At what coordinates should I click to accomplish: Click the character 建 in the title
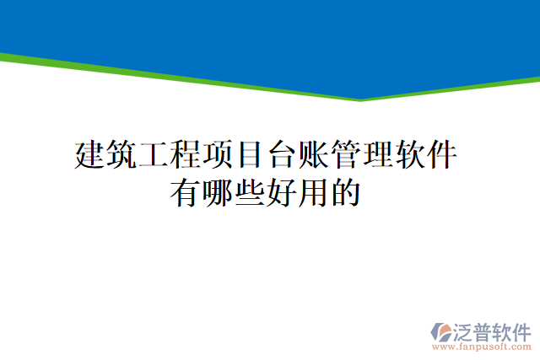tap(90, 155)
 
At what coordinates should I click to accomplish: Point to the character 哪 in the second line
tap(217, 193)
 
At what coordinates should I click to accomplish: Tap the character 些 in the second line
tap(249, 193)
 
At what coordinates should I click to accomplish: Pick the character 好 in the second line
tap(281, 193)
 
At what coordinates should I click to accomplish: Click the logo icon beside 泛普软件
tap(441, 331)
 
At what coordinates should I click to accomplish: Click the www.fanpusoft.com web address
tap(480, 347)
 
